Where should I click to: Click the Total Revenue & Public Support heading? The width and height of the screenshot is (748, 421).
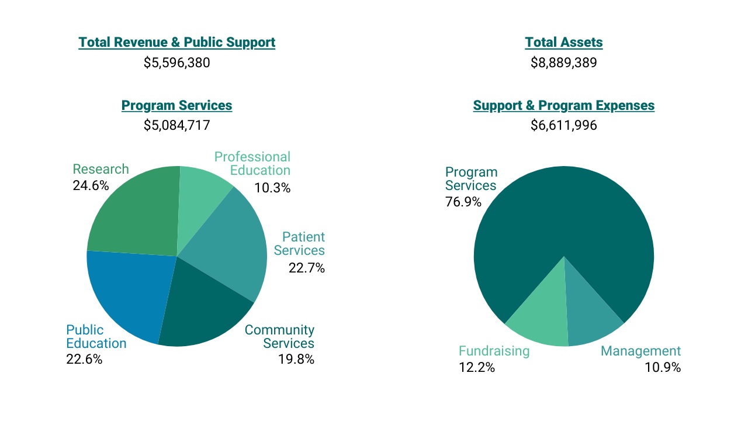[176, 42]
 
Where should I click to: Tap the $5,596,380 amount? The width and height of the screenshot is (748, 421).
[176, 63]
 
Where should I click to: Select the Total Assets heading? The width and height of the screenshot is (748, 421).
[564, 42]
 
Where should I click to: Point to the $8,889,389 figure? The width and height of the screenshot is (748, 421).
[564, 63]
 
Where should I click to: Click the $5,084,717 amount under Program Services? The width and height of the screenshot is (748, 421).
[176, 125]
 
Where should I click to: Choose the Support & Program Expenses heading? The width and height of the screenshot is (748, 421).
[564, 106]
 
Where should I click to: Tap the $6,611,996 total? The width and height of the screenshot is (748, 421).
[564, 125]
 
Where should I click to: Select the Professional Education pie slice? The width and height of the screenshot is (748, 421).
[202, 193]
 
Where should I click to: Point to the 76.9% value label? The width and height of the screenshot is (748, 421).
[463, 202]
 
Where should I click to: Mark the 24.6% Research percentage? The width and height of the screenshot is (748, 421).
[91, 185]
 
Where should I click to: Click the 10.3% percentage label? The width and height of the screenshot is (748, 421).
[272, 188]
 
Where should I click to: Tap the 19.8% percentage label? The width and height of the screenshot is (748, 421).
[296, 359]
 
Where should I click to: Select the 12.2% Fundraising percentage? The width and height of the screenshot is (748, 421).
[477, 367]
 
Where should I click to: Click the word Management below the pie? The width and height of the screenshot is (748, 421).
[640, 351]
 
